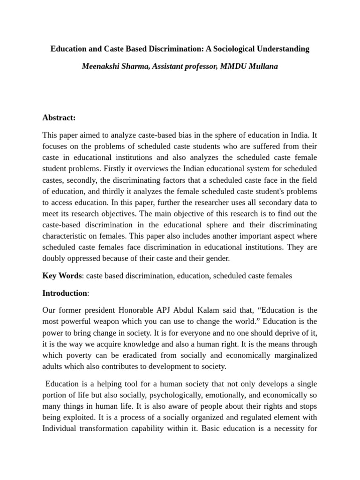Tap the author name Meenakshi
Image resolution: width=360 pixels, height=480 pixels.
(100, 66)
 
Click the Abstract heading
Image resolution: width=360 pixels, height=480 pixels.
(59, 118)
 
